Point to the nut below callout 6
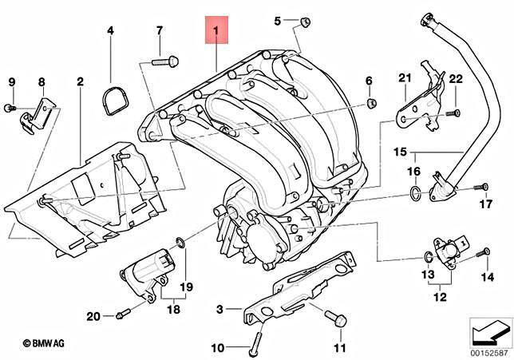click(x=372, y=105)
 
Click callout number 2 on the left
click(x=81, y=81)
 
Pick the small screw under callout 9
click(x=9, y=106)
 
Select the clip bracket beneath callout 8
click(x=35, y=114)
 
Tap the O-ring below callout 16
click(x=411, y=192)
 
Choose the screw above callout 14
click(x=484, y=253)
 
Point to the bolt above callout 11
click(x=334, y=318)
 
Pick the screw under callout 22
click(x=455, y=113)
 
